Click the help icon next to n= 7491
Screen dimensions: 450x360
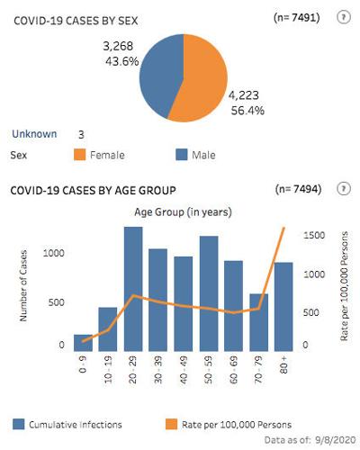[x=342, y=17]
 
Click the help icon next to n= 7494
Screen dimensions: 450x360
[x=342, y=188]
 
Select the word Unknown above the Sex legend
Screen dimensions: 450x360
[x=34, y=134]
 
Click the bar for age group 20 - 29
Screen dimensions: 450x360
[x=133, y=288]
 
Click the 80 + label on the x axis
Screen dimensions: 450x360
[x=283, y=366]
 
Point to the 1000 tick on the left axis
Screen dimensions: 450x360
[x=55, y=253]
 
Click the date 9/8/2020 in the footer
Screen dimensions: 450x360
[x=328, y=440]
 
